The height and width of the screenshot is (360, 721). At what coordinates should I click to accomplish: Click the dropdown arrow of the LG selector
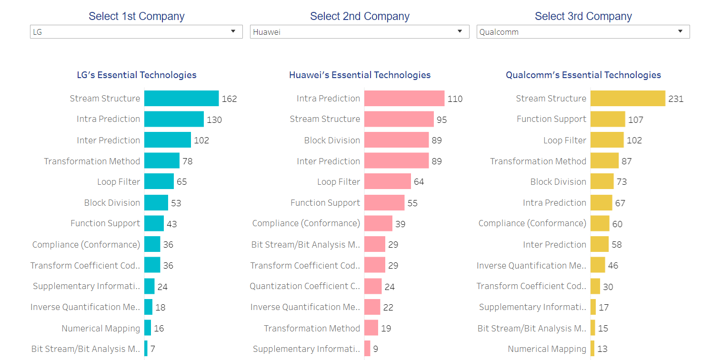coord(233,31)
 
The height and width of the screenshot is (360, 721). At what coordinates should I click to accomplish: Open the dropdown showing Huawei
coord(359,32)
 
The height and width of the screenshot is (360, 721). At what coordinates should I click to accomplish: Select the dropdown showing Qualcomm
coord(582,32)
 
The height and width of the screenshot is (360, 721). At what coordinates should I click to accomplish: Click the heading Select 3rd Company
coord(583,16)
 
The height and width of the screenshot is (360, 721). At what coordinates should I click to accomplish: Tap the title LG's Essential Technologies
coord(137,75)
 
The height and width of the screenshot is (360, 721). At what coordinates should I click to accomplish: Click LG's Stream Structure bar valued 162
coord(181,99)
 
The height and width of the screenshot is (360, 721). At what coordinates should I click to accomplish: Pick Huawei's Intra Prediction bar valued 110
coord(404,99)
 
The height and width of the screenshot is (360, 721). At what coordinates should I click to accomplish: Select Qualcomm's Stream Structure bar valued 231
coord(628,99)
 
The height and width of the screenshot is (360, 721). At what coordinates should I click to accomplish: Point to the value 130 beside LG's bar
coord(214,120)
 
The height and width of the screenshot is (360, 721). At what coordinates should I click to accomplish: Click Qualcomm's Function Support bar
coord(608,119)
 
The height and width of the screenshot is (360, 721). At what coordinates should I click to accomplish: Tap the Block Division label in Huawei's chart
coord(332,140)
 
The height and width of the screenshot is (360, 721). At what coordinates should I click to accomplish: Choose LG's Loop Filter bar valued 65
coord(159,181)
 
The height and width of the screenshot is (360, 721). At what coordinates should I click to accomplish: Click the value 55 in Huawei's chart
coord(412,203)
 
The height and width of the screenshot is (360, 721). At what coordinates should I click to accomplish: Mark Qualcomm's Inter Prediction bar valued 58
coord(600,244)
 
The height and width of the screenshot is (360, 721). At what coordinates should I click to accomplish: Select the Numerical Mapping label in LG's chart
coord(101,328)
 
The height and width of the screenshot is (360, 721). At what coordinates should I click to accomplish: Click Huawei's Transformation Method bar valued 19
coord(371,328)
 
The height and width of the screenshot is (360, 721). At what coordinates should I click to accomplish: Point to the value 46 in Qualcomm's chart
coord(613,266)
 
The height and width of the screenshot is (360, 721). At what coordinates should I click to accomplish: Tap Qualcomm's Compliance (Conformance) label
coord(532,223)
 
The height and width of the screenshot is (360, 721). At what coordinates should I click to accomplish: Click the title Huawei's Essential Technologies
coord(360,75)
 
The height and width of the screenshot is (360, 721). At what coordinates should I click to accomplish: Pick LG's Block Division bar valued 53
coord(156,202)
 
